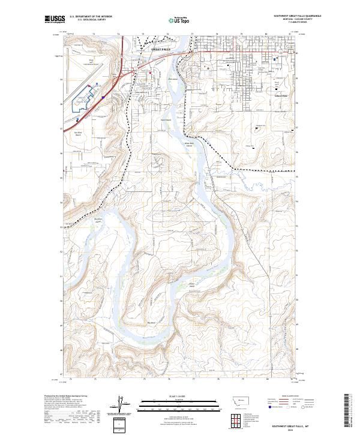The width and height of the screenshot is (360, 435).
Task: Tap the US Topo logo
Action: pyautogui.click(x=180, y=20)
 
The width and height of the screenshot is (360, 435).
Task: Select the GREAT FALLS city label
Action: pyautogui.click(x=161, y=49)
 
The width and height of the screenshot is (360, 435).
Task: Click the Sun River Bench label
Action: pyautogui.click(x=77, y=134)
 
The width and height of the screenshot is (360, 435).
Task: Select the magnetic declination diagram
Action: pyautogui.click(x=127, y=405)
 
